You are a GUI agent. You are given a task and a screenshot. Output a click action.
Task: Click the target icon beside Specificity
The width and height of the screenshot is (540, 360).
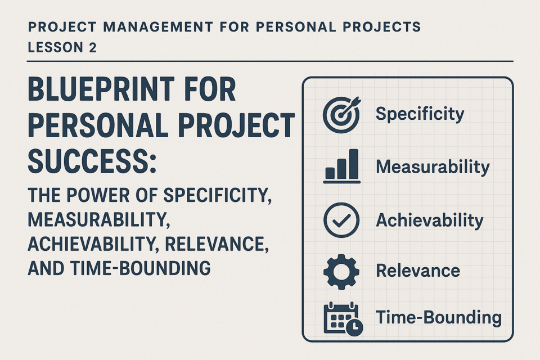click(x=341, y=115)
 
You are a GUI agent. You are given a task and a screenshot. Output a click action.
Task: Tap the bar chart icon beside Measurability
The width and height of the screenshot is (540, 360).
click(x=341, y=166)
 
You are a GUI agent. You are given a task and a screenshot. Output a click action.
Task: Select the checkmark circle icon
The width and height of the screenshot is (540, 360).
click(x=341, y=220)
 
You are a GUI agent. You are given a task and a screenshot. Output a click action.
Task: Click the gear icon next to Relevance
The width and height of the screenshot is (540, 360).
click(x=341, y=272)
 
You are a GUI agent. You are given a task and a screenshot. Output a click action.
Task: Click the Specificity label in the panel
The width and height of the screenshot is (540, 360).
click(x=420, y=114)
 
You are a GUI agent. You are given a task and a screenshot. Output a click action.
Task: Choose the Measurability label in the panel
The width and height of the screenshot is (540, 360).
click(x=433, y=167)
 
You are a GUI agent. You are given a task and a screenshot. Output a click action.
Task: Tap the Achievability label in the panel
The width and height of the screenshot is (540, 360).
click(x=429, y=220)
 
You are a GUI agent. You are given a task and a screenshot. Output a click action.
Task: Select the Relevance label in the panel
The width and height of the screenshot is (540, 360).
click(x=418, y=271)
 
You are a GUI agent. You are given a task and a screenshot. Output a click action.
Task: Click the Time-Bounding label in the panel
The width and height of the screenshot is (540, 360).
click(x=438, y=317)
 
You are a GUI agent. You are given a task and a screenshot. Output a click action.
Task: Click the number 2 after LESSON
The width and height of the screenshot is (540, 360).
click(x=92, y=48)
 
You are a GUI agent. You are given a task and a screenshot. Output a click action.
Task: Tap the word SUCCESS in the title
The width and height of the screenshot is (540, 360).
click(x=88, y=161)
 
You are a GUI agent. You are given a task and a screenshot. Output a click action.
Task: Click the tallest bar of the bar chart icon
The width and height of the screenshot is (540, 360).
click(x=353, y=164)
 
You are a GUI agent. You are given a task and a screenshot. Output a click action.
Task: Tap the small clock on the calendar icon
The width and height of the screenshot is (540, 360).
click(x=354, y=327)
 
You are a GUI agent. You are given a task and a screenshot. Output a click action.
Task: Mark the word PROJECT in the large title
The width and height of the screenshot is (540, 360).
click(x=237, y=125)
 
